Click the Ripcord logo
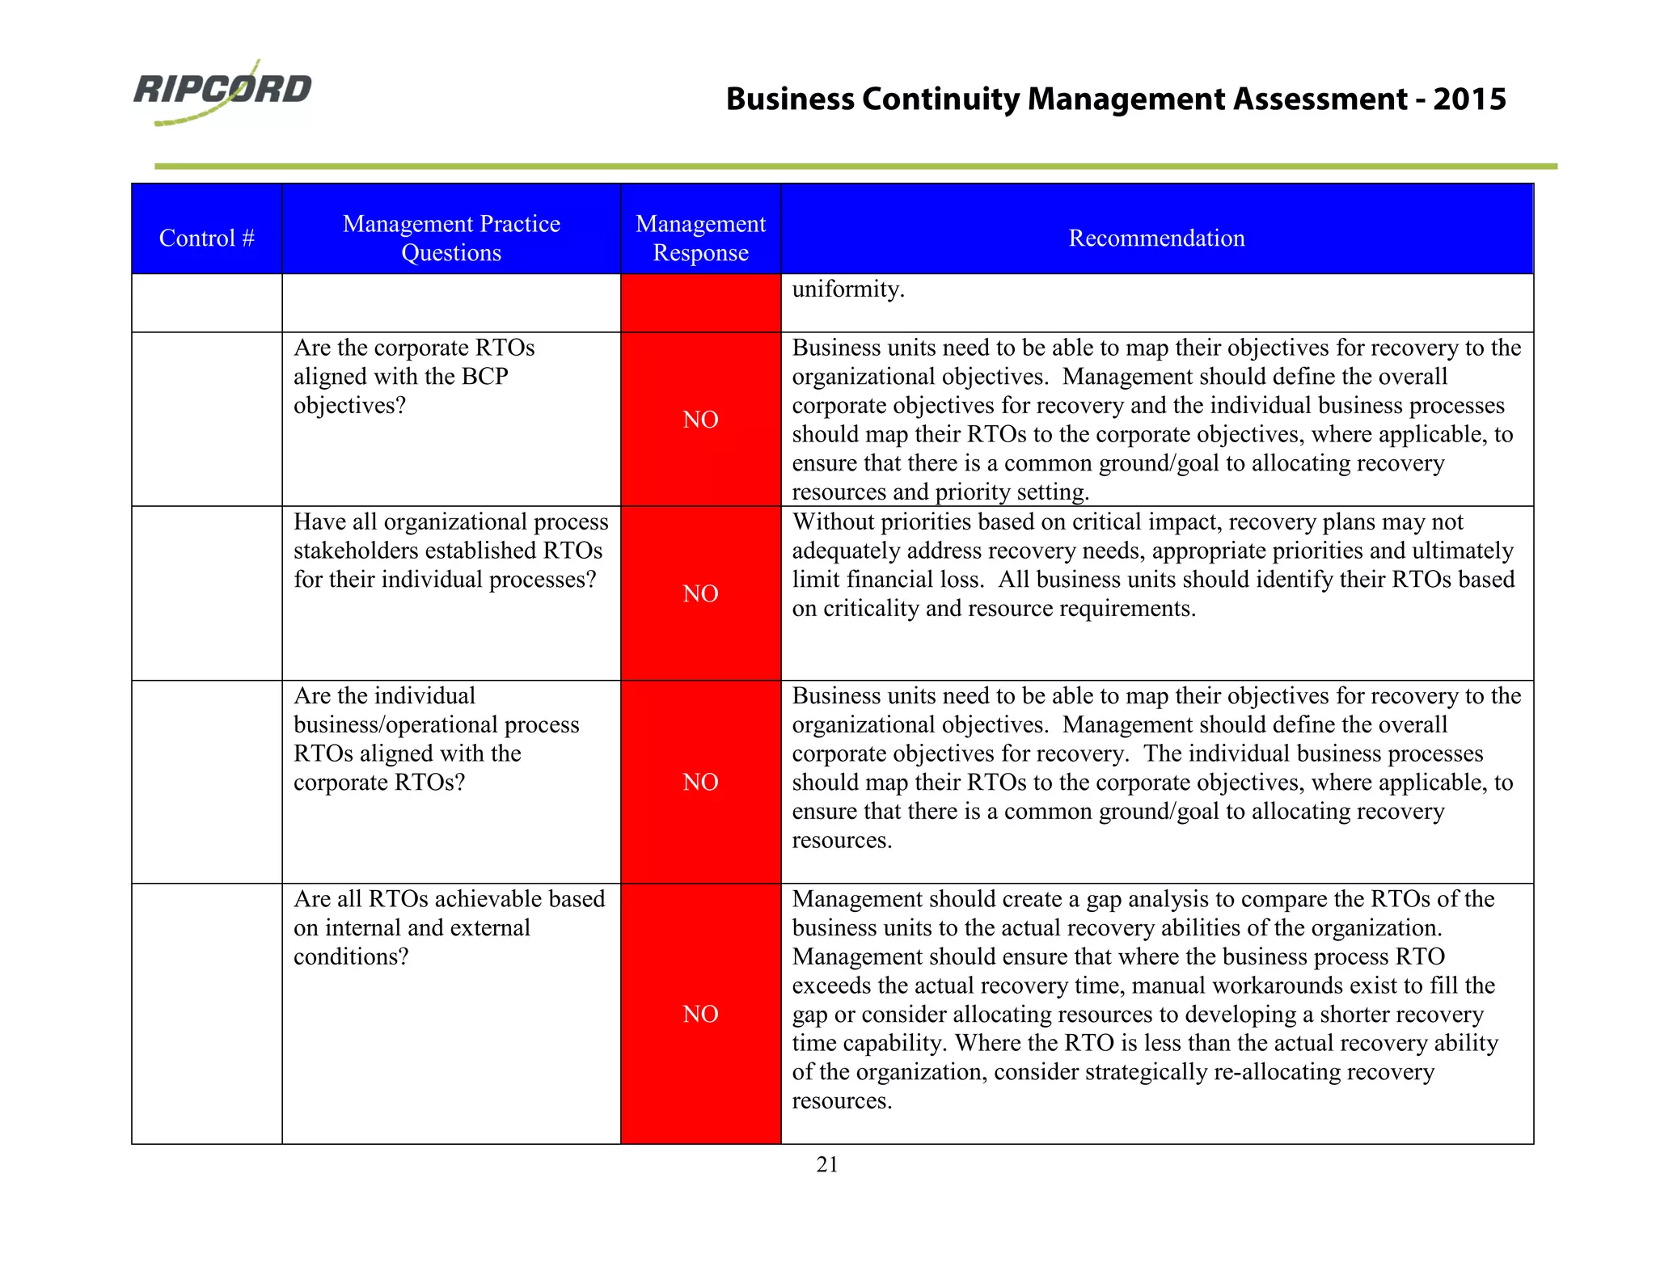[x=222, y=91]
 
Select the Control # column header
[x=207, y=238]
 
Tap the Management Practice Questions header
[x=451, y=238]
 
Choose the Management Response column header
[x=700, y=238]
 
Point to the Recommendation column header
[x=1156, y=238]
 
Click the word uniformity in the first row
[x=847, y=289]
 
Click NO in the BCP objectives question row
[x=700, y=420]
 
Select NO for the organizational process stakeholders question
[x=700, y=593]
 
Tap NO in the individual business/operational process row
[x=700, y=782]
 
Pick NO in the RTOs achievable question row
[x=700, y=1014]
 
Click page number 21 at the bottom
[x=827, y=1164]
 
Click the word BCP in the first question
[x=484, y=377]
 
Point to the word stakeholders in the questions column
[x=357, y=551]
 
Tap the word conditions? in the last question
[x=351, y=957]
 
